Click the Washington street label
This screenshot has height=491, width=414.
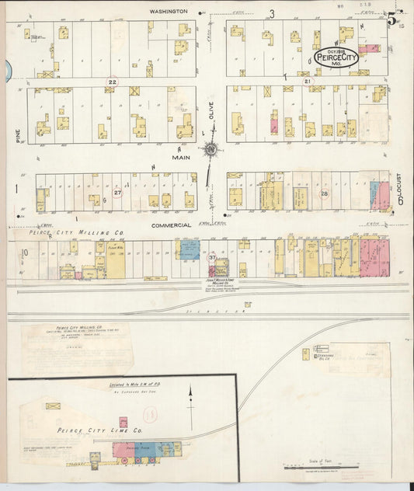tap(169, 12)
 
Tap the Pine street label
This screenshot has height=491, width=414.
tap(16, 136)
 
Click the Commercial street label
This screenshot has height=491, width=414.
tap(172, 225)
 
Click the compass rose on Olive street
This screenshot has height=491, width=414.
tap(209, 148)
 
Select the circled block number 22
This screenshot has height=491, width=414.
tap(113, 82)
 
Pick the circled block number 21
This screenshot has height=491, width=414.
tap(308, 81)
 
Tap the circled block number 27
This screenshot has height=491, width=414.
tap(118, 192)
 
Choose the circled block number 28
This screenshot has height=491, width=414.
tap(325, 193)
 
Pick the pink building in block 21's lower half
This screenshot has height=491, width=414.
tap(274, 124)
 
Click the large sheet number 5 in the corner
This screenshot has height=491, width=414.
tap(393, 18)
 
